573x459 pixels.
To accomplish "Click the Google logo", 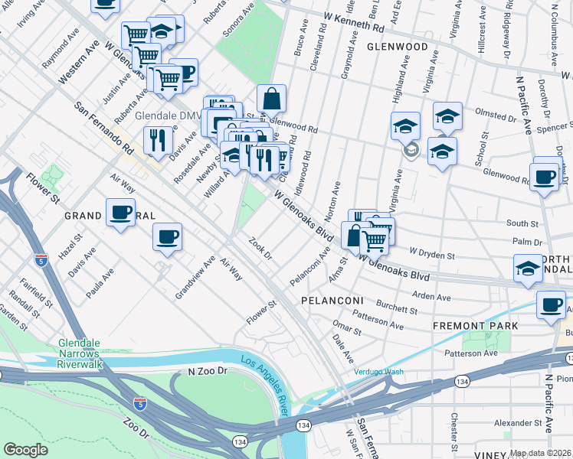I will click(x=26, y=449).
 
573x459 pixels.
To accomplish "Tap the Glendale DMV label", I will click(x=167, y=116).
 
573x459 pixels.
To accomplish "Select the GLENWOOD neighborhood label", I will click(x=397, y=47).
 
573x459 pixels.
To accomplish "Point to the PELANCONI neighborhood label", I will click(x=331, y=301).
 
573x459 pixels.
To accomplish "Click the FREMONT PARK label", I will click(x=475, y=325).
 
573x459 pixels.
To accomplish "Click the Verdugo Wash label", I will click(x=378, y=373).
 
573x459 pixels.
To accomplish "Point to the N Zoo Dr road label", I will click(x=208, y=371).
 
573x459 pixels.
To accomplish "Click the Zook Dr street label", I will click(x=260, y=248).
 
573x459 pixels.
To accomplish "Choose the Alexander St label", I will click(x=519, y=422).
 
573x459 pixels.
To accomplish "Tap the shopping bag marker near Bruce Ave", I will click(x=271, y=99).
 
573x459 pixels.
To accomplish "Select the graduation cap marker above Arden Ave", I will click(x=526, y=269).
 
